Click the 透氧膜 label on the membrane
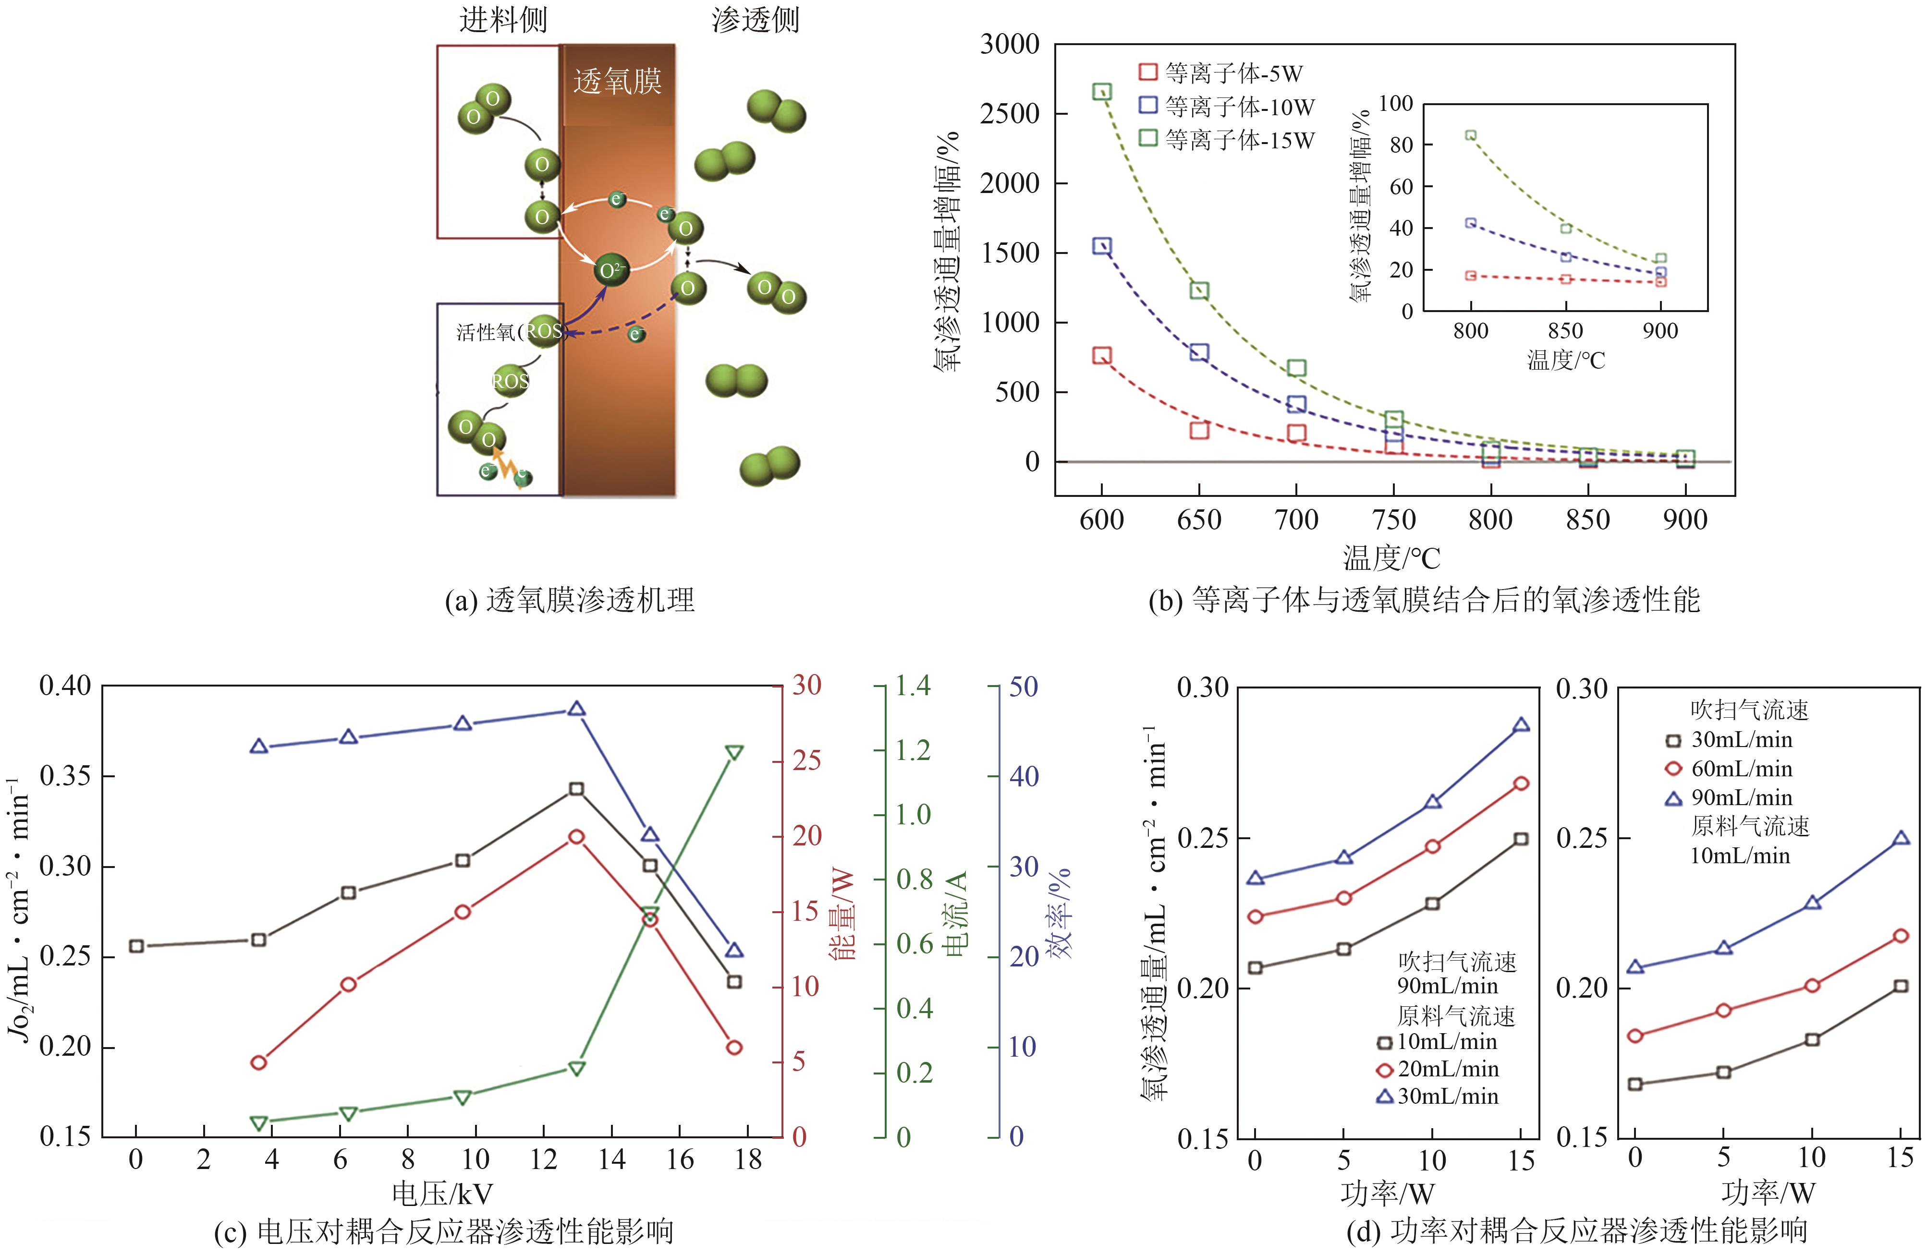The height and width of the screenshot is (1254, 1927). [x=617, y=82]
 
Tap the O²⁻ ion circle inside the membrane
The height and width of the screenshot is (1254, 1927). [x=611, y=270]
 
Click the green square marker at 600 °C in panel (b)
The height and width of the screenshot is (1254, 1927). [x=1102, y=92]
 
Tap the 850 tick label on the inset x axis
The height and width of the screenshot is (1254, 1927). [x=1565, y=331]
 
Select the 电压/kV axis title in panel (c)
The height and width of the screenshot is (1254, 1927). [x=442, y=1194]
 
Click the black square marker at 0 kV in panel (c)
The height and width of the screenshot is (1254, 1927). [x=136, y=946]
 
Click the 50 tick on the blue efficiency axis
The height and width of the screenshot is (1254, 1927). [x=1023, y=687]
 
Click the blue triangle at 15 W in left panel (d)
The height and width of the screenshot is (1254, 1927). [x=1521, y=724]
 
